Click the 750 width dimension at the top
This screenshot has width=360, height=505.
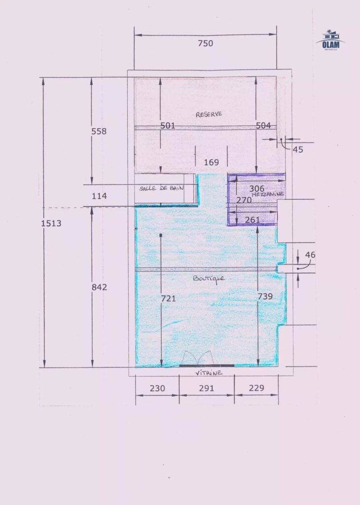[206, 43]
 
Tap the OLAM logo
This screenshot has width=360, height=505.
[331, 40]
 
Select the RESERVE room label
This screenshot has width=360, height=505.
[209, 114]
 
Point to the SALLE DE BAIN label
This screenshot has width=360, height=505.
[161, 188]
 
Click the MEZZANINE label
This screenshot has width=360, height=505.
[268, 194]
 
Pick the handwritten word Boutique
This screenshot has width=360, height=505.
[209, 279]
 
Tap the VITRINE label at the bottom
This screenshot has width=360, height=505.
[209, 373]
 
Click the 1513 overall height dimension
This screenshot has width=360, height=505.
[51, 223]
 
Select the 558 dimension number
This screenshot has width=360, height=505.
[99, 131]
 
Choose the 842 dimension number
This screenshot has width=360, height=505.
[99, 288]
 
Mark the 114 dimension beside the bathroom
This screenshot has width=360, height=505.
[99, 196]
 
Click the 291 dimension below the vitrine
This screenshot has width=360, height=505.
[207, 388]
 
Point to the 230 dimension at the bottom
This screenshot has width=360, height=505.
[157, 388]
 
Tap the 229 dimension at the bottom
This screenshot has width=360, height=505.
[256, 388]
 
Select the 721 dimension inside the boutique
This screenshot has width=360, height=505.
[168, 298]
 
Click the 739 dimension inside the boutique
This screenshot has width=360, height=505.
[265, 296]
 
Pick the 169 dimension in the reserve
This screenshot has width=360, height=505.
[211, 162]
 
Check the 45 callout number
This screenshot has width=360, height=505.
[298, 149]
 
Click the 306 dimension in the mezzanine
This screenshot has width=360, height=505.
[256, 188]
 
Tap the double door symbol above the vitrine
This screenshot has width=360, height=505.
[198, 358]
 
